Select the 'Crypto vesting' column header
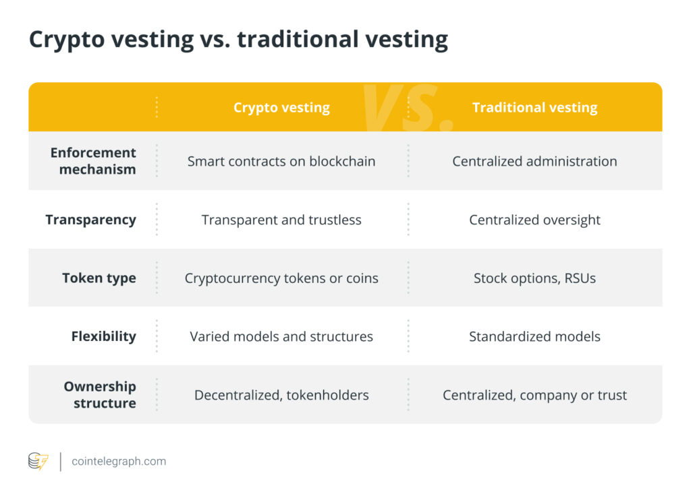(x=281, y=108)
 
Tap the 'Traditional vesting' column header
(x=534, y=108)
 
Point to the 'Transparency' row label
(x=90, y=220)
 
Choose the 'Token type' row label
(x=99, y=278)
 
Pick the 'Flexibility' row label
(x=103, y=336)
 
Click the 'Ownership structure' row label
(x=99, y=395)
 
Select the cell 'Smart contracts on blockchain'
(x=281, y=161)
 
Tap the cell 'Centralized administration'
(x=534, y=161)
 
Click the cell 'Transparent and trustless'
(x=281, y=220)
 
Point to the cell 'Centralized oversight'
(x=534, y=220)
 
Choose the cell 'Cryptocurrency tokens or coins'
(x=281, y=278)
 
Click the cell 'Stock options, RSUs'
(x=534, y=278)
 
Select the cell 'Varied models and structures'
(x=281, y=336)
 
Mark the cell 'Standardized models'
(x=534, y=336)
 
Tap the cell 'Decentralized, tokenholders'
(x=281, y=395)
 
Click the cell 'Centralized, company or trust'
(x=534, y=395)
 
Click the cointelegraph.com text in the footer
(x=119, y=462)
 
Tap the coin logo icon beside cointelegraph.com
(x=38, y=462)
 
